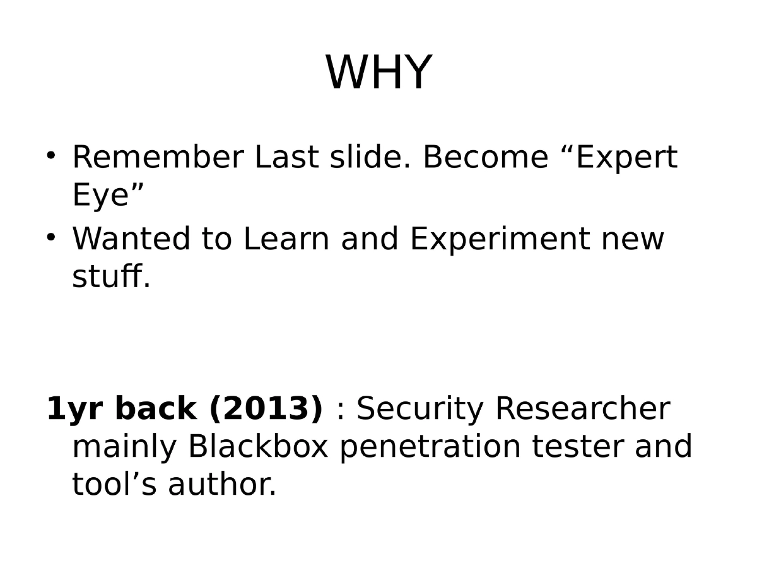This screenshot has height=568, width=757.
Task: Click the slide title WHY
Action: tap(378, 73)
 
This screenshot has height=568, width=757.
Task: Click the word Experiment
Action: tap(498, 240)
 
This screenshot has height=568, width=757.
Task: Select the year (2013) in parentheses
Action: tap(266, 409)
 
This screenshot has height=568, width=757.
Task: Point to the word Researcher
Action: tap(582, 409)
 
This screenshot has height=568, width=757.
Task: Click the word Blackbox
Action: tap(258, 447)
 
